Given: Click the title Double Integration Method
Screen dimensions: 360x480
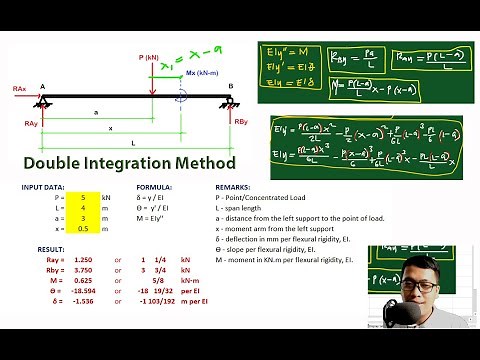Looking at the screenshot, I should (x=130, y=163).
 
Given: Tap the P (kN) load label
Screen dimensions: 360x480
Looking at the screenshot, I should (x=152, y=58).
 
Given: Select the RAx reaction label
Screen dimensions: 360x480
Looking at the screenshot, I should (x=20, y=89).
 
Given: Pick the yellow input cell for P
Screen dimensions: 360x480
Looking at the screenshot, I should (x=86, y=198).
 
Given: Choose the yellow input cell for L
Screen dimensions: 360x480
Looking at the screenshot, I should (x=86, y=208).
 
